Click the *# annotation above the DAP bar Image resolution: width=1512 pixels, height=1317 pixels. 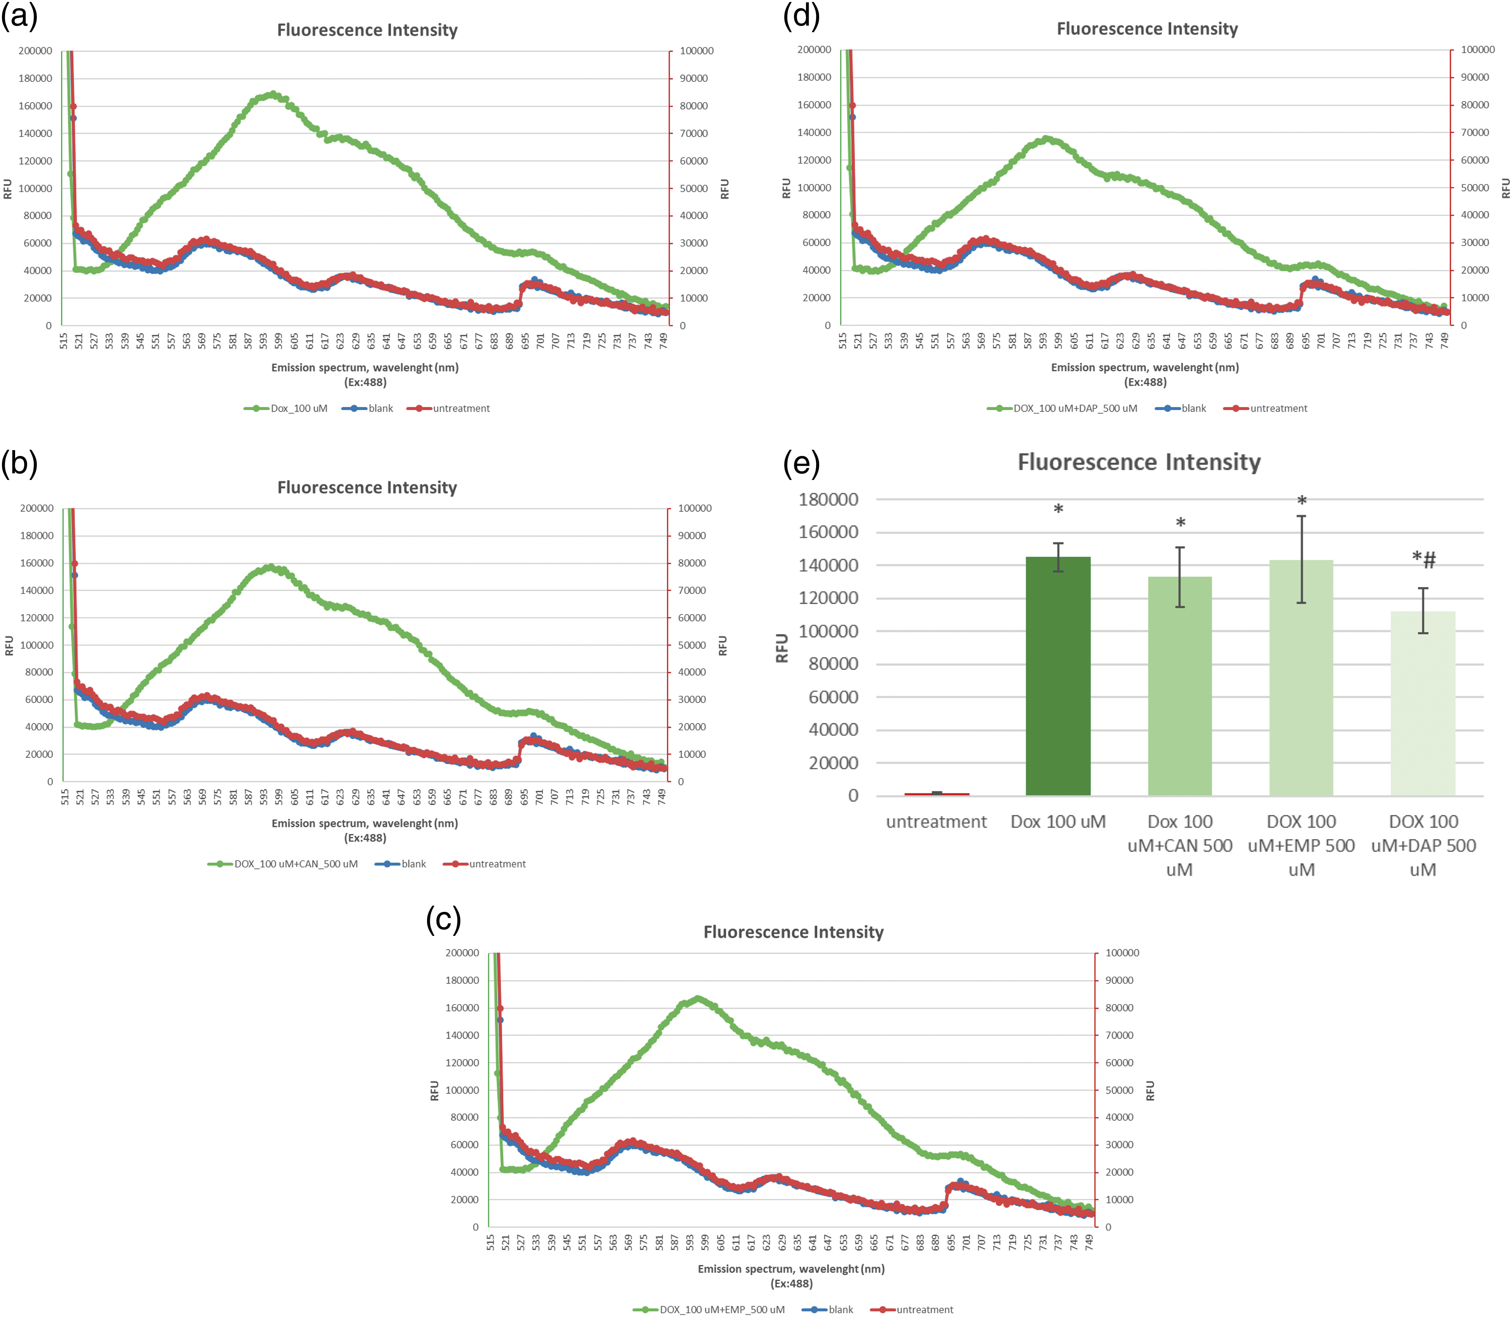pyautogui.click(x=1423, y=560)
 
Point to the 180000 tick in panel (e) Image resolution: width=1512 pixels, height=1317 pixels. pyautogui.click(x=828, y=500)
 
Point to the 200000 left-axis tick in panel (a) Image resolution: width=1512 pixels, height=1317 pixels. pyautogui.click(x=35, y=51)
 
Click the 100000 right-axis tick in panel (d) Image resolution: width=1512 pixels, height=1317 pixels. pyautogui.click(x=1478, y=50)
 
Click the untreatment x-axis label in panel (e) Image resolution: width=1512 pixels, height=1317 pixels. pyautogui.click(x=936, y=822)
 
